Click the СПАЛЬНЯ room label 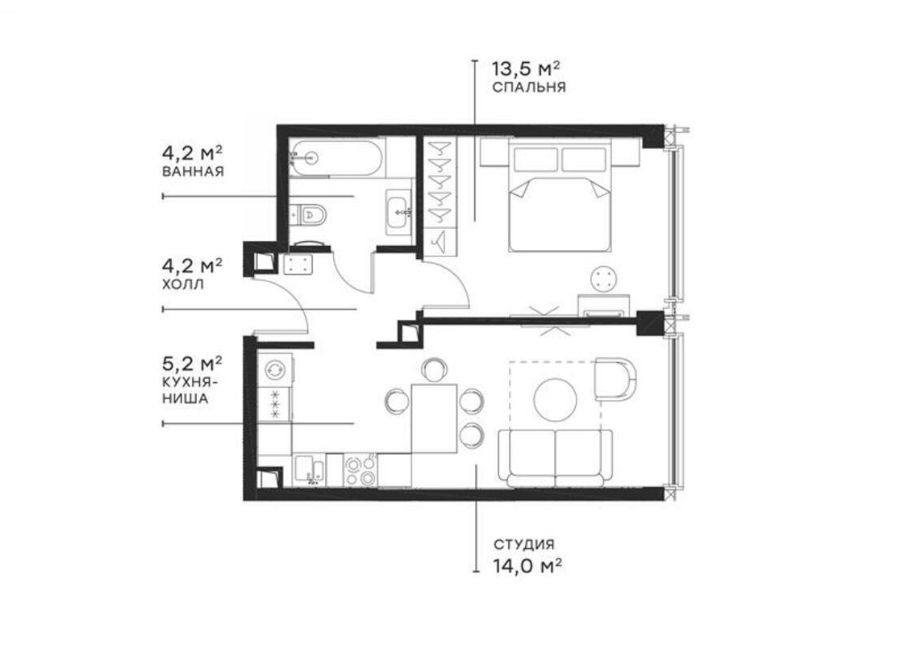tap(529, 87)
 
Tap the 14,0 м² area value tap(527, 566)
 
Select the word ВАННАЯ tap(193, 172)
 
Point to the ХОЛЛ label tap(183, 284)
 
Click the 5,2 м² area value tap(192, 363)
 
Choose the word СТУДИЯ tap(524, 544)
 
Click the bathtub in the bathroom tap(335, 158)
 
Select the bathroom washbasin tap(399, 212)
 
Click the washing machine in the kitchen tap(275, 369)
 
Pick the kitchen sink tap(310, 470)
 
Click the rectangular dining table tap(434, 418)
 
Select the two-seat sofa tap(556, 457)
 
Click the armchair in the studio tap(615, 379)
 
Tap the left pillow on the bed tap(535, 159)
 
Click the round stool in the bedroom tap(604, 279)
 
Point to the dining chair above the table tap(434, 369)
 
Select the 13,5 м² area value tap(526, 69)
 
